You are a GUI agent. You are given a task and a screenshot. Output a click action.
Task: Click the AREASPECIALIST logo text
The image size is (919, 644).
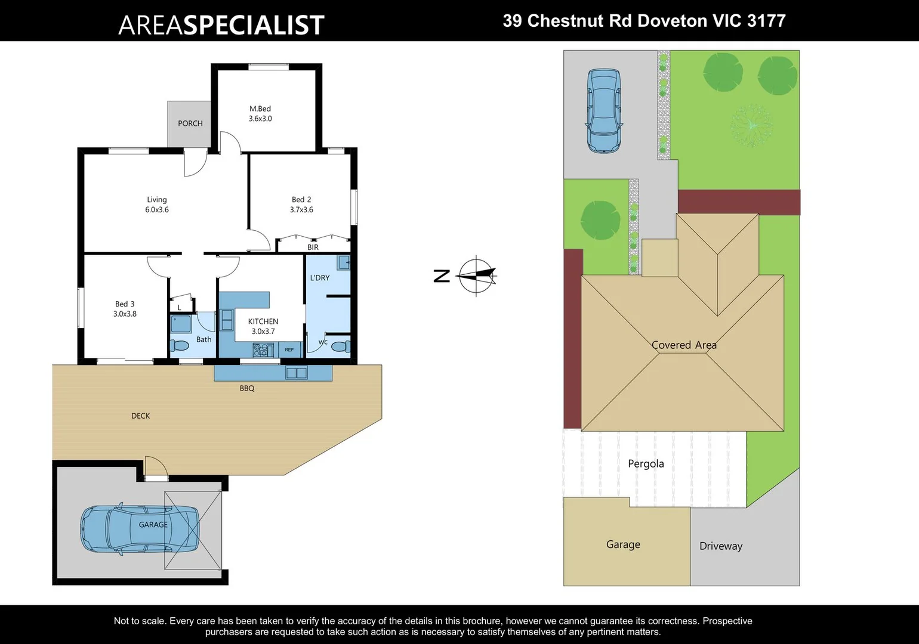tap(221, 25)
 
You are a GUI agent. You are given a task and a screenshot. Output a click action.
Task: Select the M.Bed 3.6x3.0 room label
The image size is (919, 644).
tap(260, 113)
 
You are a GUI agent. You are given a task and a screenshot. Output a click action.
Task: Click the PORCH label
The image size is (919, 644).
tap(190, 123)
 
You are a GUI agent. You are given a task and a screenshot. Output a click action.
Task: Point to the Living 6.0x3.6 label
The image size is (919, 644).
tap(157, 205)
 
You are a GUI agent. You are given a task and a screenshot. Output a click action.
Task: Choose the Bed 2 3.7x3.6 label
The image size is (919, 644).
tap(301, 205)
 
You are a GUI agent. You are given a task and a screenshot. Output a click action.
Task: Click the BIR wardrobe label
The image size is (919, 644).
tap(313, 247)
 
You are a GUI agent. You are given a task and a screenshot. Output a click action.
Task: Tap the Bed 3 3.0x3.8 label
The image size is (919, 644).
tap(125, 309)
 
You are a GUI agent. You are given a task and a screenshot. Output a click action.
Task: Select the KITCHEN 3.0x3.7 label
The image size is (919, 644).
tap(263, 326)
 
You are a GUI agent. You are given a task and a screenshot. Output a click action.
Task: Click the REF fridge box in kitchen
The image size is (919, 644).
tap(289, 350)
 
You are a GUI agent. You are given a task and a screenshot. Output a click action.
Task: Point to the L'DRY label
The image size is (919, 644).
tap(320, 278)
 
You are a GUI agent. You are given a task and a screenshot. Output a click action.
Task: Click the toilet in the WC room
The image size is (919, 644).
tap(340, 346)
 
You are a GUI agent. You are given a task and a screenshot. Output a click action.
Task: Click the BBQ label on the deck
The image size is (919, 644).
tap(247, 388)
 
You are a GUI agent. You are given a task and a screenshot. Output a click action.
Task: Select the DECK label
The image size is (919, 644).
tap(141, 416)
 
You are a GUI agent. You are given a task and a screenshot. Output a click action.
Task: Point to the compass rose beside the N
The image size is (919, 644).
tap(476, 275)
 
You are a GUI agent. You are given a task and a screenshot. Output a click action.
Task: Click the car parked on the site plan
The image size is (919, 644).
tap(604, 111)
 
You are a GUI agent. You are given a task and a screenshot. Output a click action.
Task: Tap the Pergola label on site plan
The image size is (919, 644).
tap(646, 463)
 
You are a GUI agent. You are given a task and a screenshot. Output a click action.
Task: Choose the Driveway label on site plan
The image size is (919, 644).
tap(721, 546)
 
